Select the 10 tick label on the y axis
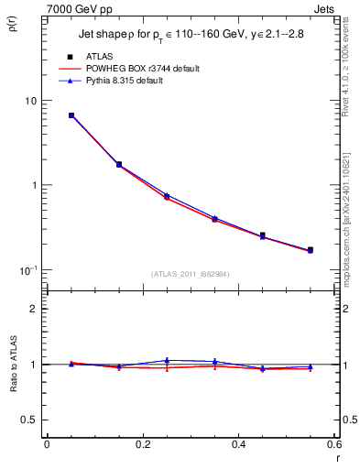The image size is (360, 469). [31, 100]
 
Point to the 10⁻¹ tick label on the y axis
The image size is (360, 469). [30, 269]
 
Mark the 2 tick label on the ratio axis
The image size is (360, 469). [35, 309]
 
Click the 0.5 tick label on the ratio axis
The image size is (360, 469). [31, 420]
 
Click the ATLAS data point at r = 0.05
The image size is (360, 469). [71, 115]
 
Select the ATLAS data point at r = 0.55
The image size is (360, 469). [311, 249]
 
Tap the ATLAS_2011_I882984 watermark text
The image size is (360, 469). [191, 274]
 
